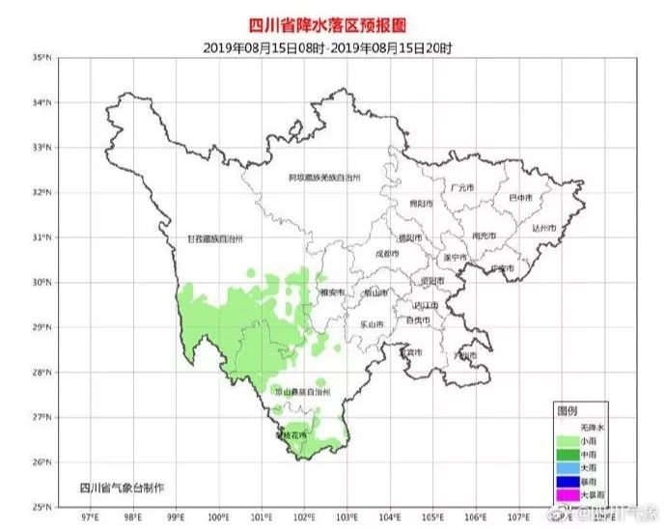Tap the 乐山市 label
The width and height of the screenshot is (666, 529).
pyautogui.click(x=374, y=323)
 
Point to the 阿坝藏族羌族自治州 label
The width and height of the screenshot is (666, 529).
pyautogui.click(x=325, y=179)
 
